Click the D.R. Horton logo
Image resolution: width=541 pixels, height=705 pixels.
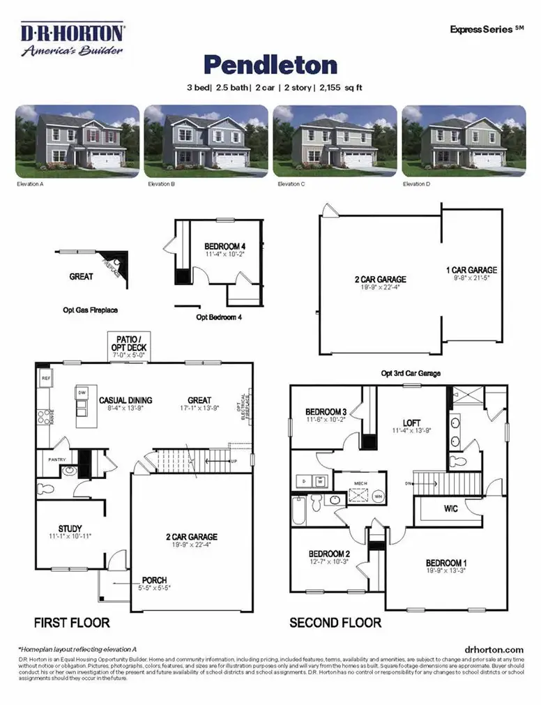73,40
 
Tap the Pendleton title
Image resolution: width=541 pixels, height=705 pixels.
270,65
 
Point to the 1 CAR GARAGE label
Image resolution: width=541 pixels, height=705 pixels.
472,270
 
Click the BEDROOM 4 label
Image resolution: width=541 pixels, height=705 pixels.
224,246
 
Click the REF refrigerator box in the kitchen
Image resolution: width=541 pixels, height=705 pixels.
46,379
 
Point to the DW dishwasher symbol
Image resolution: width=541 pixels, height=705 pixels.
82,393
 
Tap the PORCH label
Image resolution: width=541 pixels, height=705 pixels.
154,580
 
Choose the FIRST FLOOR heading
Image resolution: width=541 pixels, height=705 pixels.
71,622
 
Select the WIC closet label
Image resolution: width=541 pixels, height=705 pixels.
451,509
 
